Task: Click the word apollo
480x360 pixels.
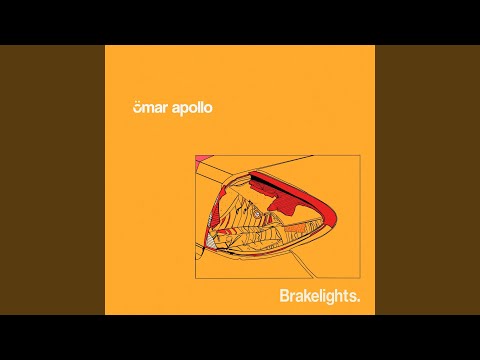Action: point(192,109)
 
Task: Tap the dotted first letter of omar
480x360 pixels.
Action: point(138,108)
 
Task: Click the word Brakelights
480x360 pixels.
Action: point(320,297)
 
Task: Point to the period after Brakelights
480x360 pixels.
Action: point(358,301)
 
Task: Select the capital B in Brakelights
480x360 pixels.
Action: point(284,296)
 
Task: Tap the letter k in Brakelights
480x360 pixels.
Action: point(306,296)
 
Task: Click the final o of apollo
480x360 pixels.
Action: point(208,109)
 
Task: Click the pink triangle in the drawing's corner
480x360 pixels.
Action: point(199,159)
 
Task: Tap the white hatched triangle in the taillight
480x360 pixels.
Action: point(209,242)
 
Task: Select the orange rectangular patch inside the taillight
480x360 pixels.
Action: point(295,228)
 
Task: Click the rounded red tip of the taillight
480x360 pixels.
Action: point(332,218)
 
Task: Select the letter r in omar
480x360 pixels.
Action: point(168,109)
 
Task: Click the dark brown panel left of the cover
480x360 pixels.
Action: point(52,180)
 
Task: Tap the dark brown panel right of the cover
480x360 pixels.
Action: point(427,180)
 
